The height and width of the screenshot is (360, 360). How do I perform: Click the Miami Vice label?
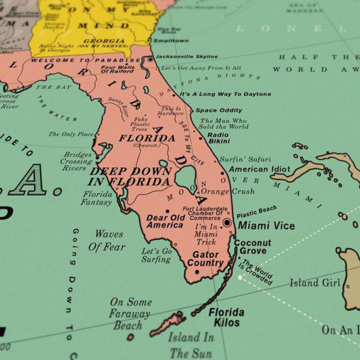[266, 226]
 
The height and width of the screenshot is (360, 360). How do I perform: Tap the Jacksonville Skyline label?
[186, 57]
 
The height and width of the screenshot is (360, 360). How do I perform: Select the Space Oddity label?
[218, 110]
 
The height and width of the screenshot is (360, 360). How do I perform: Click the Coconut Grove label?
[252, 247]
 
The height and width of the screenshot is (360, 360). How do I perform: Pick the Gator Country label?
[206, 258]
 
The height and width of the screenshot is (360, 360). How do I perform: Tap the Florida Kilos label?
[226, 317]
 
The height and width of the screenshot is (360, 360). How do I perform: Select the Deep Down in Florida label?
[130, 177]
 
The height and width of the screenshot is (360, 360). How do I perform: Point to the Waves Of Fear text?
[107, 240]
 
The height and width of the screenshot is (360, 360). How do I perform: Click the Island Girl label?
[315, 283]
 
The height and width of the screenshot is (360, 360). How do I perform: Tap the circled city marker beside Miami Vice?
[227, 223]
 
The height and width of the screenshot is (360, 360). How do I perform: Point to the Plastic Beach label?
[257, 212]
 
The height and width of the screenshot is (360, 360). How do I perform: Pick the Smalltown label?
[170, 41]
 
